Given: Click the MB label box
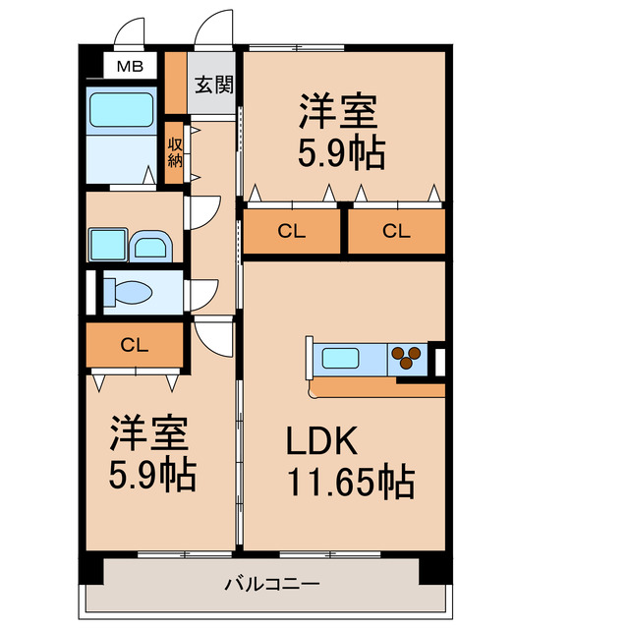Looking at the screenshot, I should pyautogui.click(x=130, y=67).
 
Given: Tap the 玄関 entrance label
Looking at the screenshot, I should pyautogui.click(x=211, y=85).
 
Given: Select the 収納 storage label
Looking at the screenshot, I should pyautogui.click(x=175, y=152).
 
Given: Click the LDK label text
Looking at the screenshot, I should pyautogui.click(x=320, y=442).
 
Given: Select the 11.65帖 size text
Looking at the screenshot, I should pyautogui.click(x=349, y=484).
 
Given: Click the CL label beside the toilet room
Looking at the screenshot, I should pyautogui.click(x=135, y=344).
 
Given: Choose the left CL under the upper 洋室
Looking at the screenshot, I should pyautogui.click(x=291, y=233).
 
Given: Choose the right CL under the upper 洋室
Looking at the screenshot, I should pyautogui.click(x=396, y=233).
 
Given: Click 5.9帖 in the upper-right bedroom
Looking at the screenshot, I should pyautogui.click(x=341, y=154).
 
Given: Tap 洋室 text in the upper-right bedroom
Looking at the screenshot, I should pyautogui.click(x=339, y=111).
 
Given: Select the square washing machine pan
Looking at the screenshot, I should pyautogui.click(x=105, y=243).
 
